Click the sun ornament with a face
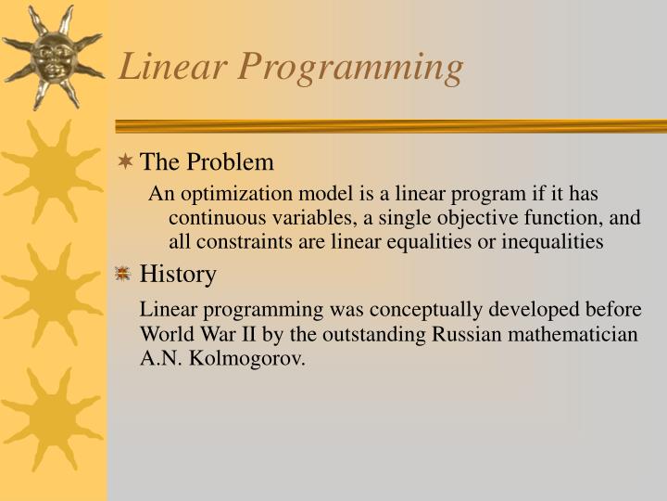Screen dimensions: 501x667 (x=52, y=56)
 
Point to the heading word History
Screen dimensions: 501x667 (x=178, y=274)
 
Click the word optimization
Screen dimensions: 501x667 (x=227, y=194)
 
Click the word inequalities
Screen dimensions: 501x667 (x=548, y=242)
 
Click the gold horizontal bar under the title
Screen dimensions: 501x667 (x=389, y=125)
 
